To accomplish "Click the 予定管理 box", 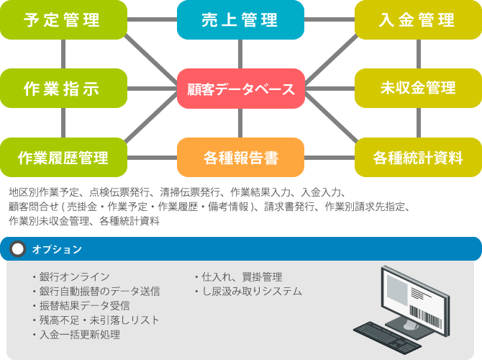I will (x=63, y=20).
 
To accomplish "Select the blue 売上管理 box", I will (x=240, y=20).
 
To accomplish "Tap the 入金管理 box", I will (x=418, y=20).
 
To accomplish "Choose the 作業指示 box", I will (x=63, y=89).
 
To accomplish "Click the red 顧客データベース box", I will (x=240, y=89).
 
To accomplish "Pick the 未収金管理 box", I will (x=418, y=89).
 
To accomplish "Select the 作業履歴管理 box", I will (x=63, y=157).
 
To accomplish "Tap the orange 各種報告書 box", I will (x=240, y=157).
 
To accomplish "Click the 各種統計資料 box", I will (x=418, y=157).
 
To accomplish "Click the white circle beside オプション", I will (x=17, y=249).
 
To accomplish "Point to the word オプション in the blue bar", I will (x=57, y=249).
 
